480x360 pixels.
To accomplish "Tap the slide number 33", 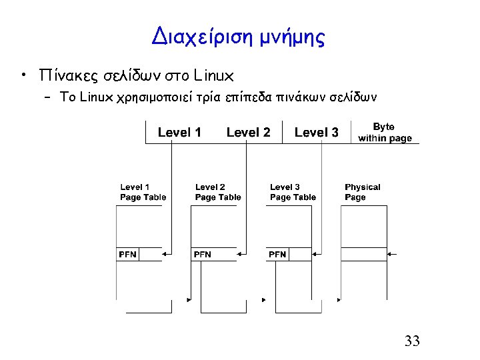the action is coord(412,341).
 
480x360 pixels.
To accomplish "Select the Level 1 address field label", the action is coord(179,132).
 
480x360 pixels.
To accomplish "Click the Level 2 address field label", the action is coord(248,132).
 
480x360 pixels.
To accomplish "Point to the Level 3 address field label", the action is coord(316,132).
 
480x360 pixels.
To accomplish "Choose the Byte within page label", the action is coord(385,132).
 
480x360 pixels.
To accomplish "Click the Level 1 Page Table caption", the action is coord(143,192).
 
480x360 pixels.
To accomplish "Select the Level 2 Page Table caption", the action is coord(218,192).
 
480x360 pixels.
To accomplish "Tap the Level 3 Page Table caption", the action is coord(293,192).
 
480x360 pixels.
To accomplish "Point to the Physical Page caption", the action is coord(362,192).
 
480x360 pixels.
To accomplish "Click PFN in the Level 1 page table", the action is coord(128,254).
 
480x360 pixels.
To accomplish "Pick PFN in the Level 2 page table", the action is coord(203,254).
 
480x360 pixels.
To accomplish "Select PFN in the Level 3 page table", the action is coord(278,254).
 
